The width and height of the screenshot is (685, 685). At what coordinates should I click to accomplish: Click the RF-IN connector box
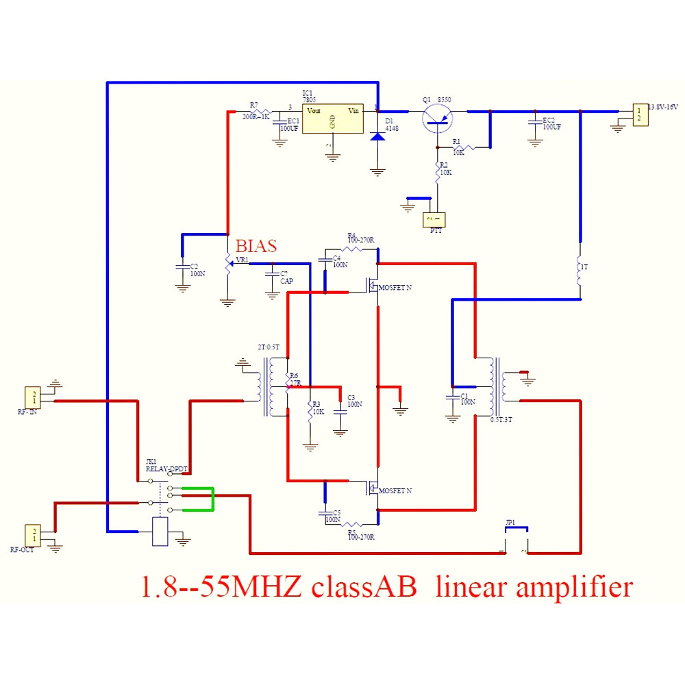click(x=32, y=397)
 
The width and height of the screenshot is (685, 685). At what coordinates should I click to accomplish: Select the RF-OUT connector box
click(x=32, y=534)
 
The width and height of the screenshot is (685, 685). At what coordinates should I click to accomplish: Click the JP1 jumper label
click(x=510, y=522)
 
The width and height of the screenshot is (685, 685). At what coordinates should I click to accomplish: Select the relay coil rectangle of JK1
click(x=160, y=532)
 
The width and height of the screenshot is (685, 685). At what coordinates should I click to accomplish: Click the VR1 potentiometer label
click(x=242, y=260)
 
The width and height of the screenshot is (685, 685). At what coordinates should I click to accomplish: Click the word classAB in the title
click(x=363, y=588)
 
